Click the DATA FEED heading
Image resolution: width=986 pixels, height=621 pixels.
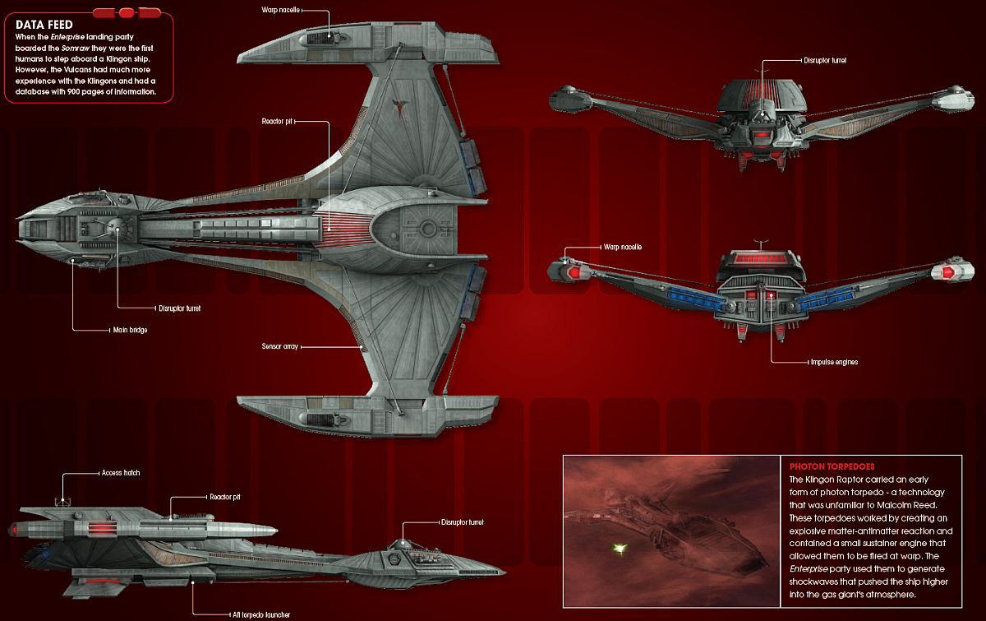coord(44,25)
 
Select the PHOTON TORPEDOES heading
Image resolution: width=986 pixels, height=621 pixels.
coord(830,465)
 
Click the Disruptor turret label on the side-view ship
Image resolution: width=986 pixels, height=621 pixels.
coord(463,522)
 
